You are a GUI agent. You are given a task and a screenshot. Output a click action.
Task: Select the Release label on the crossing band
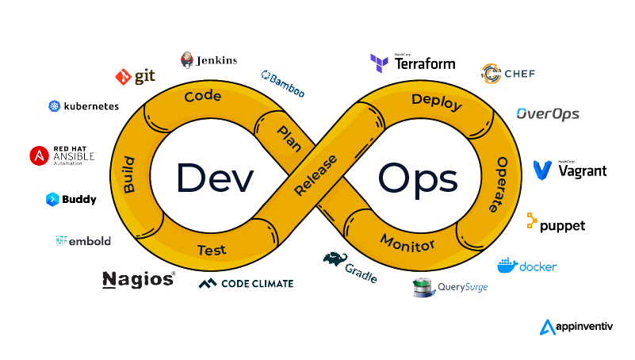[x=315, y=175]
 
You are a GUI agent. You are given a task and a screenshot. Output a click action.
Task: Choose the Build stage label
[x=128, y=174]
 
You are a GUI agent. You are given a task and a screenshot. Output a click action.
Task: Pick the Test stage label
[x=212, y=250]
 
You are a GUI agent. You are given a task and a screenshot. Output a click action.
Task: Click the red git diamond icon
[x=123, y=77]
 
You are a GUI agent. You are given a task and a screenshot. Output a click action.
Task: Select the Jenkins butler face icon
[x=187, y=59]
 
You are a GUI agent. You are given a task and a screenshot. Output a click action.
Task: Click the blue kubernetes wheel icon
[x=55, y=106]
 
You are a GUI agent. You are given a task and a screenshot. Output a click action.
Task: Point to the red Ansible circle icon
[x=39, y=155]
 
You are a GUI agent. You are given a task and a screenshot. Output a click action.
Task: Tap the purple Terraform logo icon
[x=378, y=63]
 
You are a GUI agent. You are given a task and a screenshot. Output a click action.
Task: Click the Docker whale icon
[x=507, y=266]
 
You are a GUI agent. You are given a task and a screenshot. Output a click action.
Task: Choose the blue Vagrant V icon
[x=542, y=170]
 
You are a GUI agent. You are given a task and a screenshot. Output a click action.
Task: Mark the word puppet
[x=562, y=226]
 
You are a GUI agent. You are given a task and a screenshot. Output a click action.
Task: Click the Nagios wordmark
[x=137, y=279]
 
